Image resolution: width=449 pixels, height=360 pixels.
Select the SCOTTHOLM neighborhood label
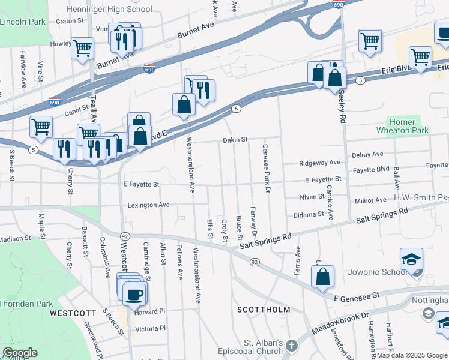click(263, 310)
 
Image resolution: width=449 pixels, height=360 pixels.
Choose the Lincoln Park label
click(23, 22)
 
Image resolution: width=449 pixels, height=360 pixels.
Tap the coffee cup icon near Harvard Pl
click(133, 294)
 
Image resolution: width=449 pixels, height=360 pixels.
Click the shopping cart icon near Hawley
click(82, 47)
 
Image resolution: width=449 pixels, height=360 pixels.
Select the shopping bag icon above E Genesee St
click(322, 277)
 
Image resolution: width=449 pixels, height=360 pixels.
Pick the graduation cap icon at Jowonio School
click(412, 259)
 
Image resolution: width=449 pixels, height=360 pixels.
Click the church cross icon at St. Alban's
click(291, 346)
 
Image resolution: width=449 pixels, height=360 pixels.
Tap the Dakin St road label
click(235, 140)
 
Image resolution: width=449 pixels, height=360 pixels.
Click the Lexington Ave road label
click(148, 205)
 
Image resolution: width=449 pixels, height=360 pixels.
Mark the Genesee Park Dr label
click(264, 164)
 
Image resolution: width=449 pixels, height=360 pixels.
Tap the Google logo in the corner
click(20, 353)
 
